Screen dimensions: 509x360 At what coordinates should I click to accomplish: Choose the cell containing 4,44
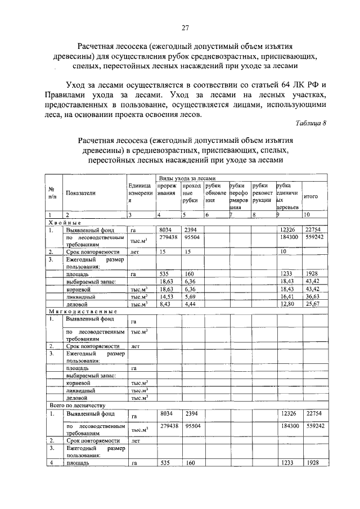coord(190,304)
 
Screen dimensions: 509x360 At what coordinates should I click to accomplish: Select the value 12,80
coord(287,304)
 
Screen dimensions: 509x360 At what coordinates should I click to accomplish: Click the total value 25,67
coord(313,304)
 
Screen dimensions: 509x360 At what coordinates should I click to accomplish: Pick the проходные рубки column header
coord(191,192)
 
